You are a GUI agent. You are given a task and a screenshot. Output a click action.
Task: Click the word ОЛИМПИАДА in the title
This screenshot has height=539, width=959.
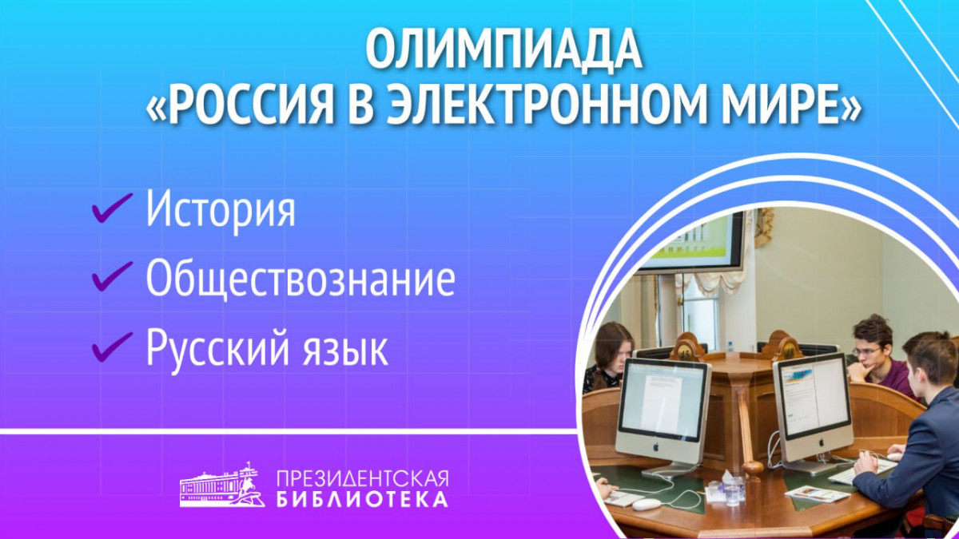504,50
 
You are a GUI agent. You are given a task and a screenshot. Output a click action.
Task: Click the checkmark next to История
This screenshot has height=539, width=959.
112,208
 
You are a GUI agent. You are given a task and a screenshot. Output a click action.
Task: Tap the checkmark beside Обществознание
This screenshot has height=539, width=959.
112,276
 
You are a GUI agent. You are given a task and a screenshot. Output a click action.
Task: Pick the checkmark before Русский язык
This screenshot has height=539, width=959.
112,347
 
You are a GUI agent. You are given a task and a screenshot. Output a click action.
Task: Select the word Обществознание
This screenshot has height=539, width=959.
300,279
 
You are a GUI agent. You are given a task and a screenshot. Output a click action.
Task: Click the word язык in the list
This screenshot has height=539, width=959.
345,351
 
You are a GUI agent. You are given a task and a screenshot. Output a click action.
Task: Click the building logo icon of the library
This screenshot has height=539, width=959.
225,485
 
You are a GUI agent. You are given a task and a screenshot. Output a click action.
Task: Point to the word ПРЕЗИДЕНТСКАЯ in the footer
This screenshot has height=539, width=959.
362,478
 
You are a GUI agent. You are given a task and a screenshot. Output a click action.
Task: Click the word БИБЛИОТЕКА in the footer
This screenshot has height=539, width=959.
362,500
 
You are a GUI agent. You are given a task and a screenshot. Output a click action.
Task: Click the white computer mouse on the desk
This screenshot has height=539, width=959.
647,505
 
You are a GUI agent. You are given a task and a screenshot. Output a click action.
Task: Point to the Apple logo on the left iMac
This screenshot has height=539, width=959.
655,448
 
